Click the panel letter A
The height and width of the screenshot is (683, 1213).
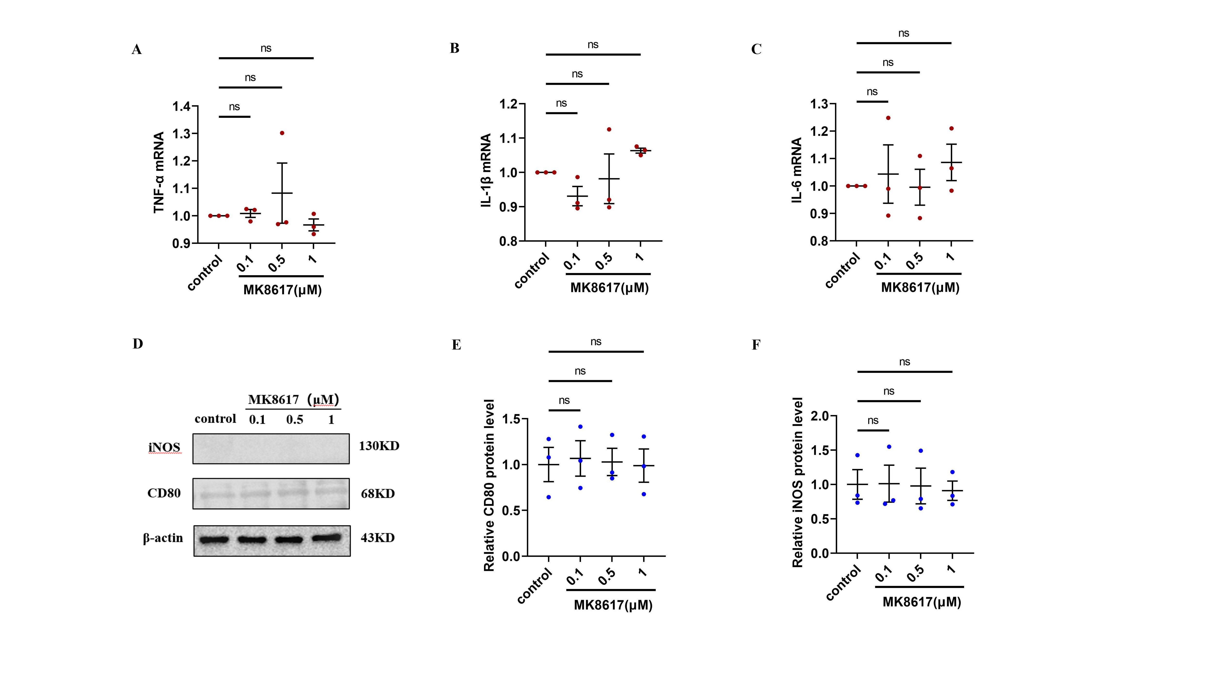tap(137, 50)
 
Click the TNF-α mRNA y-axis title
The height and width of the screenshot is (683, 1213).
tap(159, 172)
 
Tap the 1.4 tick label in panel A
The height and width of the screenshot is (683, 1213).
tap(182, 107)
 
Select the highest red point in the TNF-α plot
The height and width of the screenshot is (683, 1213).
tap(282, 133)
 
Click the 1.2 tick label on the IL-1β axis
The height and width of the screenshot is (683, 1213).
tap(508, 104)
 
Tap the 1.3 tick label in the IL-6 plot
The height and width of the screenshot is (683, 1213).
tap(819, 104)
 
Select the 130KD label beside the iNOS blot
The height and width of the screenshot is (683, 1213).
tap(379, 446)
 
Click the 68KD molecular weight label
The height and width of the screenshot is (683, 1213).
tap(378, 494)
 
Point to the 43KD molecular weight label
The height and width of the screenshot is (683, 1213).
tap(378, 538)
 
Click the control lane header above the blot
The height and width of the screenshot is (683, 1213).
tap(215, 418)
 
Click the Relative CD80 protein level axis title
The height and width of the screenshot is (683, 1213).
tap(489, 486)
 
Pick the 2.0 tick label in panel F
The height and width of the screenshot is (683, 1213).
tap(820, 416)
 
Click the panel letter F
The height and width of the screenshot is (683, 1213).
tap(756, 345)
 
